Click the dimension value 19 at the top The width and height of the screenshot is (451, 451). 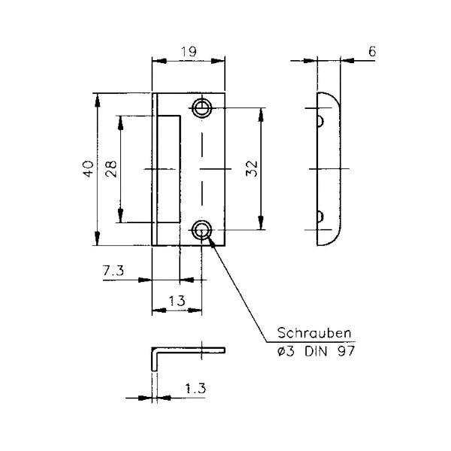189,52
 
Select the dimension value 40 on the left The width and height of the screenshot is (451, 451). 88,169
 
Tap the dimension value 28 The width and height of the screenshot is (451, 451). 111,169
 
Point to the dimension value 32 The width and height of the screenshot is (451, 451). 252,168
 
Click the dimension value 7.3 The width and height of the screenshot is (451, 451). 114,271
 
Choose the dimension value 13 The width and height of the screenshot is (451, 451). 177,301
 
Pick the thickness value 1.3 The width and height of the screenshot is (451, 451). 195,389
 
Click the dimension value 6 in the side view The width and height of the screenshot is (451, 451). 372,51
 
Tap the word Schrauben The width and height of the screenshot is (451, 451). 314,333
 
